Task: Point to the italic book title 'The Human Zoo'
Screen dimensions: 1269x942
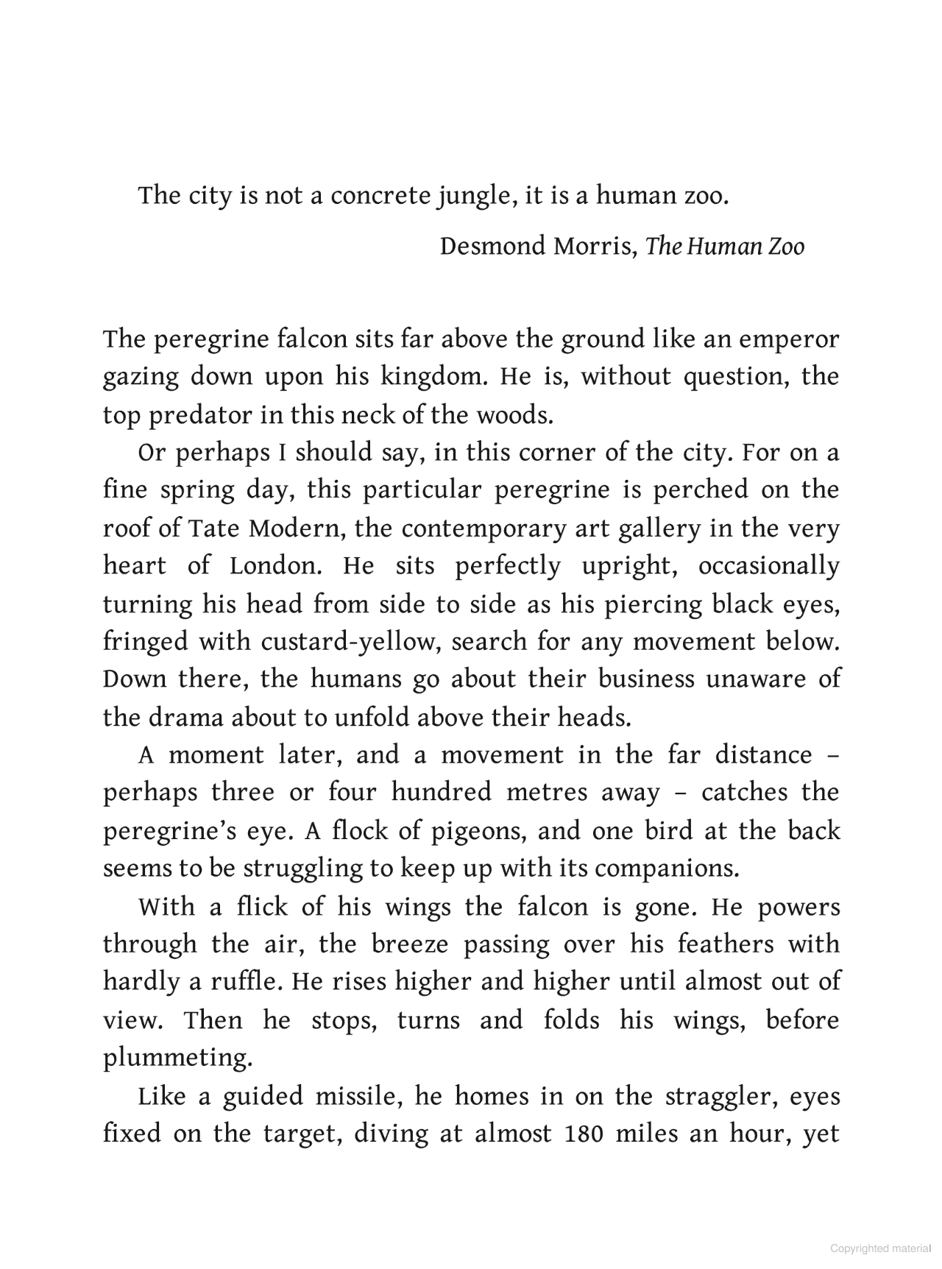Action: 725,246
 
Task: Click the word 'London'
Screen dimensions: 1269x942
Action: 275,566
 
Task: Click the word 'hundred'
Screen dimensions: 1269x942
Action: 441,793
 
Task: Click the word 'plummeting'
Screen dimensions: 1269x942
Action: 177,1058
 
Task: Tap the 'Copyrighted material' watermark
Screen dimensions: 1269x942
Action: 879,1248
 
